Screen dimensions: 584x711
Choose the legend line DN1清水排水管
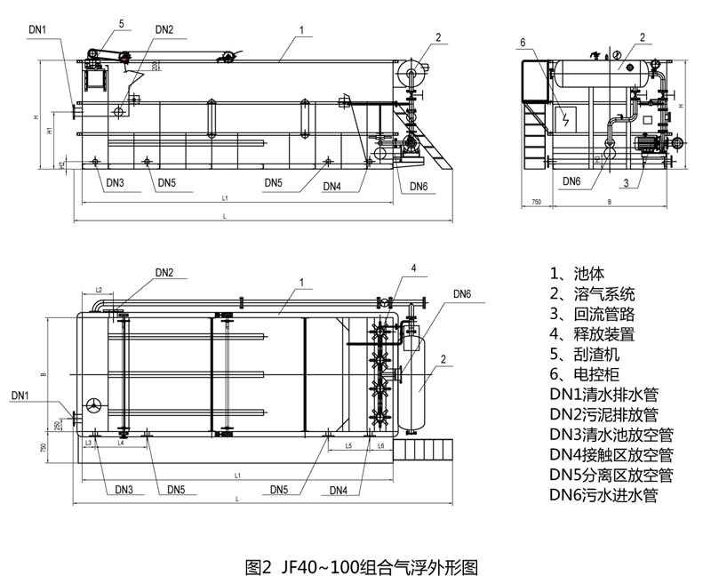tap(603, 395)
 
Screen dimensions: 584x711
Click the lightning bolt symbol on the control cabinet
tap(564, 118)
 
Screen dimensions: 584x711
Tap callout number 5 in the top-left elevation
tap(122, 24)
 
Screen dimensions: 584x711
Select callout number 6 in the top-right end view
tap(523, 42)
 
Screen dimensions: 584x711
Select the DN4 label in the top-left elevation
tap(332, 186)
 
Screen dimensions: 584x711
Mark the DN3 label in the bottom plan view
tap(124, 490)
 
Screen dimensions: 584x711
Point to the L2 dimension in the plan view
tap(100, 291)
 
